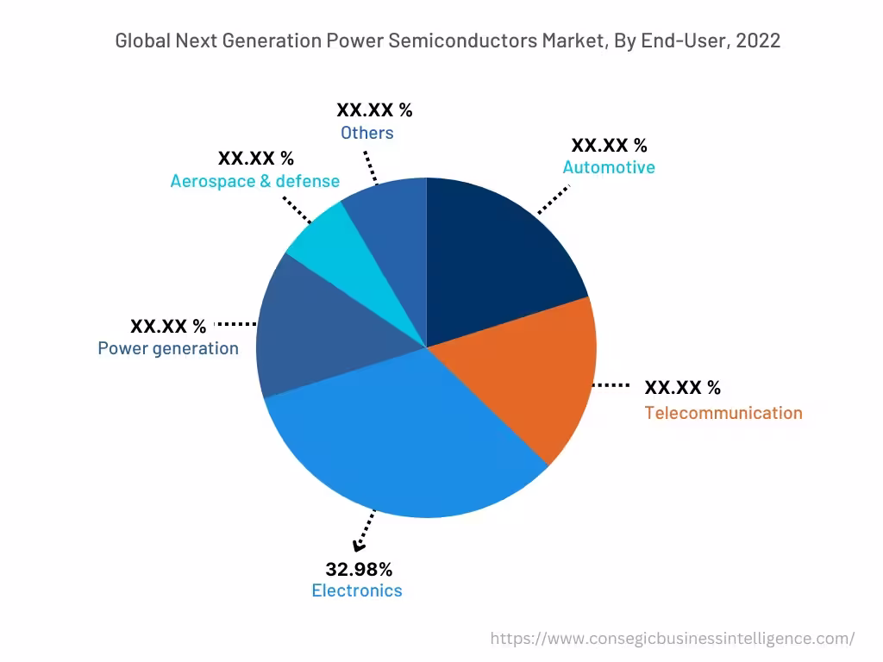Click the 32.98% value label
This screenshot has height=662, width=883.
tap(359, 569)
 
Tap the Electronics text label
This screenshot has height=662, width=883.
tap(357, 590)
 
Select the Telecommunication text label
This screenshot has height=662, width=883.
tap(723, 413)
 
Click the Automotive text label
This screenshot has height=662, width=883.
tap(609, 167)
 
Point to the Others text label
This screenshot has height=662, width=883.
tap(367, 133)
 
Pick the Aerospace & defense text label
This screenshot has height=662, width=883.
tap(255, 181)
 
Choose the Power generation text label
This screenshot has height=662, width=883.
tap(168, 348)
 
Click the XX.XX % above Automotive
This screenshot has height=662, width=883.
tap(609, 145)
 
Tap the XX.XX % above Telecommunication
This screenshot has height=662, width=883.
tap(683, 387)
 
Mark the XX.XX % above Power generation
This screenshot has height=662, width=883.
tap(168, 326)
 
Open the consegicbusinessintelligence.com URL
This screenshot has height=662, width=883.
tap(673, 639)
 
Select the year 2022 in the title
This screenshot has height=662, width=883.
tap(758, 41)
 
